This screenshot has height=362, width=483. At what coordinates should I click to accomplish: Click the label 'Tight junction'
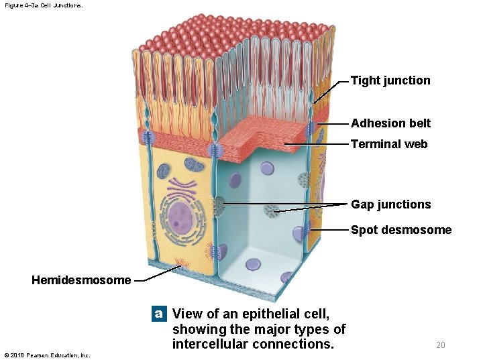coord(390,80)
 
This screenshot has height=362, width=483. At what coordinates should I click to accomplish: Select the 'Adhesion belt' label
coord(390,123)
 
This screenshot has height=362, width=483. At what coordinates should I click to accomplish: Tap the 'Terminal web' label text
coord(389,144)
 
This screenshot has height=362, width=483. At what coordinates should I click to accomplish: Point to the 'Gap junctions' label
coord(390,204)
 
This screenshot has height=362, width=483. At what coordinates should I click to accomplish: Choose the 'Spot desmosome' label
coord(401,230)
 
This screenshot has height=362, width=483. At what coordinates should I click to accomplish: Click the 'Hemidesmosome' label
coord(81,280)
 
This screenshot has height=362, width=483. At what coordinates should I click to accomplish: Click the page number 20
coord(440,345)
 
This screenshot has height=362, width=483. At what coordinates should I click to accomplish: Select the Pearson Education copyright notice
coord(47,355)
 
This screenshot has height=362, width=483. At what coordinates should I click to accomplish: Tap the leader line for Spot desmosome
coord(329,230)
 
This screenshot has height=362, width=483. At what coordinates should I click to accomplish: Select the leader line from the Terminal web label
coord(315,144)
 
